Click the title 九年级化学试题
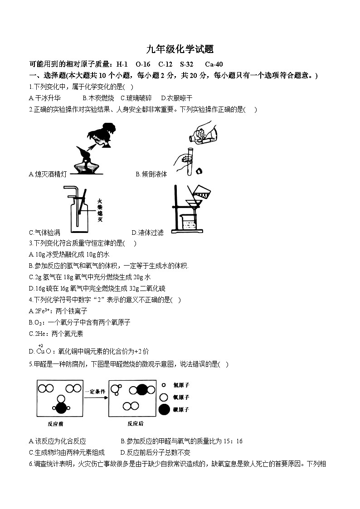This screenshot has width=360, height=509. (x=180, y=49)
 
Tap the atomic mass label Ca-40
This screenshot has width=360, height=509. (x=214, y=64)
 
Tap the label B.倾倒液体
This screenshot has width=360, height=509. (x=151, y=174)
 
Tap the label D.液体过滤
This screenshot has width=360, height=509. (x=147, y=233)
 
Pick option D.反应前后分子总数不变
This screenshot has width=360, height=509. (x=155, y=452)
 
